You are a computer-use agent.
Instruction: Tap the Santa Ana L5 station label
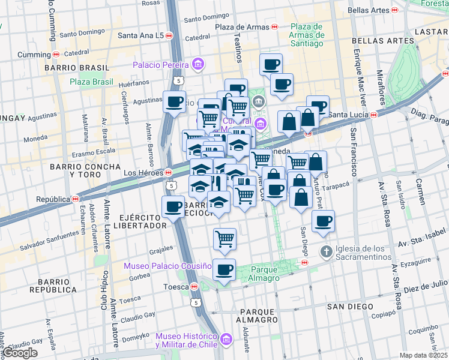(x=141, y=36)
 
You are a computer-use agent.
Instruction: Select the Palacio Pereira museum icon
(x=198, y=64)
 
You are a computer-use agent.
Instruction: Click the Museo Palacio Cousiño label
(x=168, y=266)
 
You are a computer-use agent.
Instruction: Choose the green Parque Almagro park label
(x=265, y=274)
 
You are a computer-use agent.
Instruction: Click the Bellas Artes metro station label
(x=368, y=10)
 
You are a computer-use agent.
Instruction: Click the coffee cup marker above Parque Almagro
(x=224, y=270)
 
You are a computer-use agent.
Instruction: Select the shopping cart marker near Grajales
(x=224, y=239)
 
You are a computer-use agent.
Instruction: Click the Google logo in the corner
(x=20, y=353)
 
